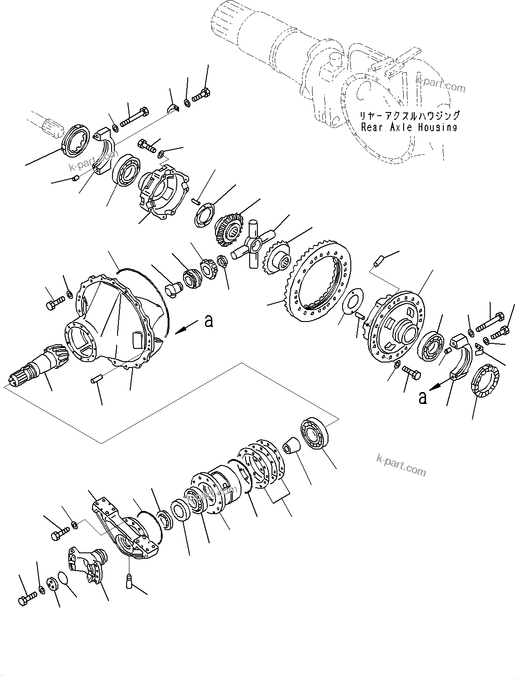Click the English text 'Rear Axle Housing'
tap(409, 127)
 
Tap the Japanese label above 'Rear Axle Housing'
tap(410, 116)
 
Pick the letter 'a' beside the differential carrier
tap(209, 321)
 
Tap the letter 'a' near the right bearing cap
tap(423, 397)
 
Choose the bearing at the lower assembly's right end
tap(314, 432)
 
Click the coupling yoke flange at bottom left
tap(89, 565)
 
